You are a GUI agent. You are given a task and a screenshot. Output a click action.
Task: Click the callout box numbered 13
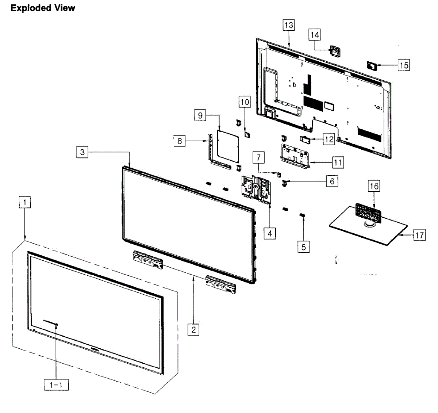(288, 25)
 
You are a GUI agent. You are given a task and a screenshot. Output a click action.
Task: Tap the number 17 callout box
(419, 235)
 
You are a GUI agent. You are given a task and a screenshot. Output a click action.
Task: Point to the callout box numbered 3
(82, 152)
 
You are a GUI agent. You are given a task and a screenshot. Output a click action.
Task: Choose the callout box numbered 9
(200, 115)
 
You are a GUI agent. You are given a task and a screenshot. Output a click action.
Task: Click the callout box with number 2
(193, 329)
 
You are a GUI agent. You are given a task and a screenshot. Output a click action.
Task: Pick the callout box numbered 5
(304, 247)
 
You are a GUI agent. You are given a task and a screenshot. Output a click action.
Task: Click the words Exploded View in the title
(43, 8)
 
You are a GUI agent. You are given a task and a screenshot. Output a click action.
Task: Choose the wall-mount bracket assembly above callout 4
(255, 188)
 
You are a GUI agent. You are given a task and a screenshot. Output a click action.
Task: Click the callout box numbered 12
(329, 139)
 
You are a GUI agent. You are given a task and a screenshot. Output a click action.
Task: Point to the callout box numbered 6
(332, 181)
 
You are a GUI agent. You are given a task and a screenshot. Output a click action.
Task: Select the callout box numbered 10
(245, 102)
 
